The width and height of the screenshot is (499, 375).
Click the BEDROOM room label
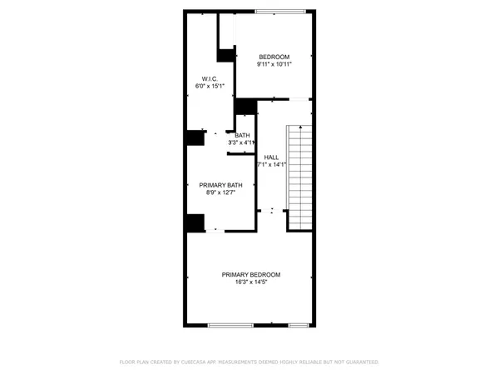pos(274,57)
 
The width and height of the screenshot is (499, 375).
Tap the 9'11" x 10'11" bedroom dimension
pos(274,64)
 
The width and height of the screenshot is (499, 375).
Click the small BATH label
pos(242,136)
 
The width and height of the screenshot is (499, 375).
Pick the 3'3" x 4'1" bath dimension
pos(241,143)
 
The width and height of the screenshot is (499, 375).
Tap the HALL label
pos(271,157)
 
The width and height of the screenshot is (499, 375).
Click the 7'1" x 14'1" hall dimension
pos(271,164)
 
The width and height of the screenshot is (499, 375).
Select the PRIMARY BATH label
pos(220,185)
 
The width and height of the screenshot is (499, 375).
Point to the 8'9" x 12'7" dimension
pos(220,192)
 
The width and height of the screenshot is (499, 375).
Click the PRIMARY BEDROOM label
pos(250,275)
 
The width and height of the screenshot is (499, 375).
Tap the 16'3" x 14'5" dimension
pos(250,282)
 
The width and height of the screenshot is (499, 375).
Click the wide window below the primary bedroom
pos(230,324)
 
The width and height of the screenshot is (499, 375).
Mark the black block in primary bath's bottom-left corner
pos(195,223)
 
